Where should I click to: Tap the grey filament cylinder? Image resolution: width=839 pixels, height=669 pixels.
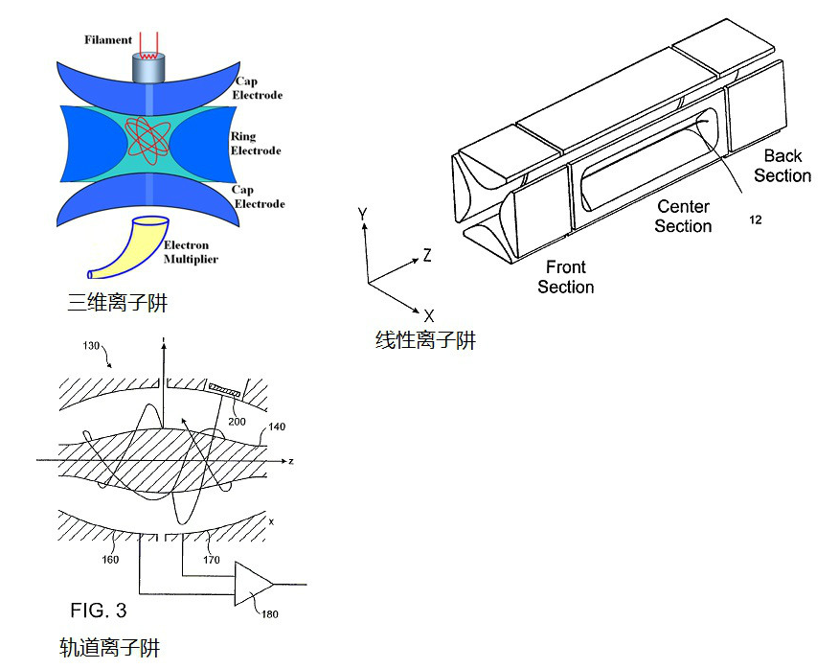click(148, 67)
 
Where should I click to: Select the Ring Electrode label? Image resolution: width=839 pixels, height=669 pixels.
click(256, 144)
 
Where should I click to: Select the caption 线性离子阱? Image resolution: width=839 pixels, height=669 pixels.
click(426, 340)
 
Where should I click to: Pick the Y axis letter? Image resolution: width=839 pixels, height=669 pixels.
click(362, 214)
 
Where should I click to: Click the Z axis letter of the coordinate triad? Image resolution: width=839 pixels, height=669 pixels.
click(427, 256)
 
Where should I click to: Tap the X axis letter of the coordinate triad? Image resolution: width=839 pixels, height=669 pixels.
click(429, 315)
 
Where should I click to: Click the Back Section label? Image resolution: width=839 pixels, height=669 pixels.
click(782, 166)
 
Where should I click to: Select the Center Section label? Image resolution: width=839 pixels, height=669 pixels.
click(683, 217)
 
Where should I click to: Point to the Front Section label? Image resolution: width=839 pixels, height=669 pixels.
click(565, 277)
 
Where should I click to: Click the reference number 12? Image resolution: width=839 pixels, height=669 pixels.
click(756, 220)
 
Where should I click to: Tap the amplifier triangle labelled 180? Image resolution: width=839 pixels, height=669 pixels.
click(253, 583)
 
